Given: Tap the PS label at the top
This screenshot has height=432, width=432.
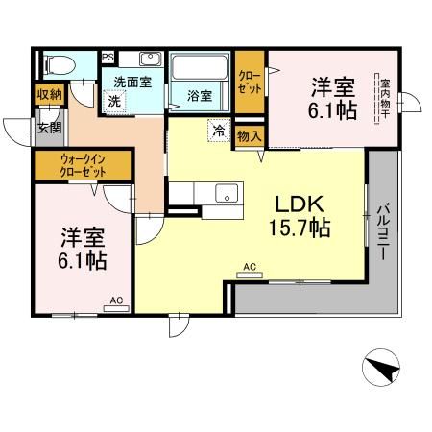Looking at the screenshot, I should click(108, 57).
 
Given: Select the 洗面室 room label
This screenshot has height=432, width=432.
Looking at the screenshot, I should click(132, 82).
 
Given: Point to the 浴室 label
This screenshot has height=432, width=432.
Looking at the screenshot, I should click(200, 96).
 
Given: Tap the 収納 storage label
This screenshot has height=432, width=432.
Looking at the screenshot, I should click(50, 94).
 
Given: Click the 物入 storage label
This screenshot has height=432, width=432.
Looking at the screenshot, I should click(250, 134).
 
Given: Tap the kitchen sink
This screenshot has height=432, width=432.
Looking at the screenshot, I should click(228, 191).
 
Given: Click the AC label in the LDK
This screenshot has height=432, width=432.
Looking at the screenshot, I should click(249, 268).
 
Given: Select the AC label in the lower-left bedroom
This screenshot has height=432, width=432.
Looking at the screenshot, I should click(116, 300).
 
